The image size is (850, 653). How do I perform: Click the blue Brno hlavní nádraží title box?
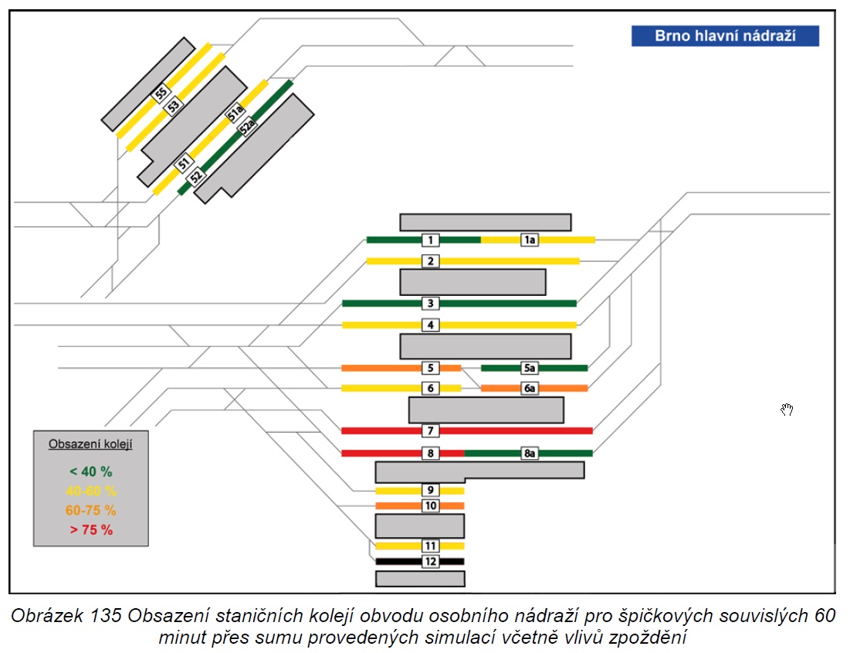point(725,36)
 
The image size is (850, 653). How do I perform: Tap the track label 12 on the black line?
point(431,561)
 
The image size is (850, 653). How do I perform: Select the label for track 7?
point(431,430)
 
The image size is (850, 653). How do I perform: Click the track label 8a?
point(530,453)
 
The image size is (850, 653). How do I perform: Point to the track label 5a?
point(530,368)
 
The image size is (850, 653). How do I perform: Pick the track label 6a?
point(530,388)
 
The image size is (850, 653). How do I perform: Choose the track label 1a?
point(530,240)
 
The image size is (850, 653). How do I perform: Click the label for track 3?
point(431,303)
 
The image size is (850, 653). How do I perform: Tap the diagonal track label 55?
point(161,94)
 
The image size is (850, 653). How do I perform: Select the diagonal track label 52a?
point(247,127)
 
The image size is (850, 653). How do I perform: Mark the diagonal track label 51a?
point(235,113)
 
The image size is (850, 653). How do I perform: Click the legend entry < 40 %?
point(90,471)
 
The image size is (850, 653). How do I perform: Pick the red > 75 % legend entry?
point(91,530)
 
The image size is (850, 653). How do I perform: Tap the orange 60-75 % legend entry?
point(90,510)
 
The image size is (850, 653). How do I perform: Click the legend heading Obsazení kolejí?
point(90,444)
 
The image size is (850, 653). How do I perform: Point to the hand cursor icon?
point(787,410)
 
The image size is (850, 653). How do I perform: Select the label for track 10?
point(431,505)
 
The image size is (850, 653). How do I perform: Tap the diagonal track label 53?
point(173,106)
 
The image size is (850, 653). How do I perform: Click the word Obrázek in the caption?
point(47,616)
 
